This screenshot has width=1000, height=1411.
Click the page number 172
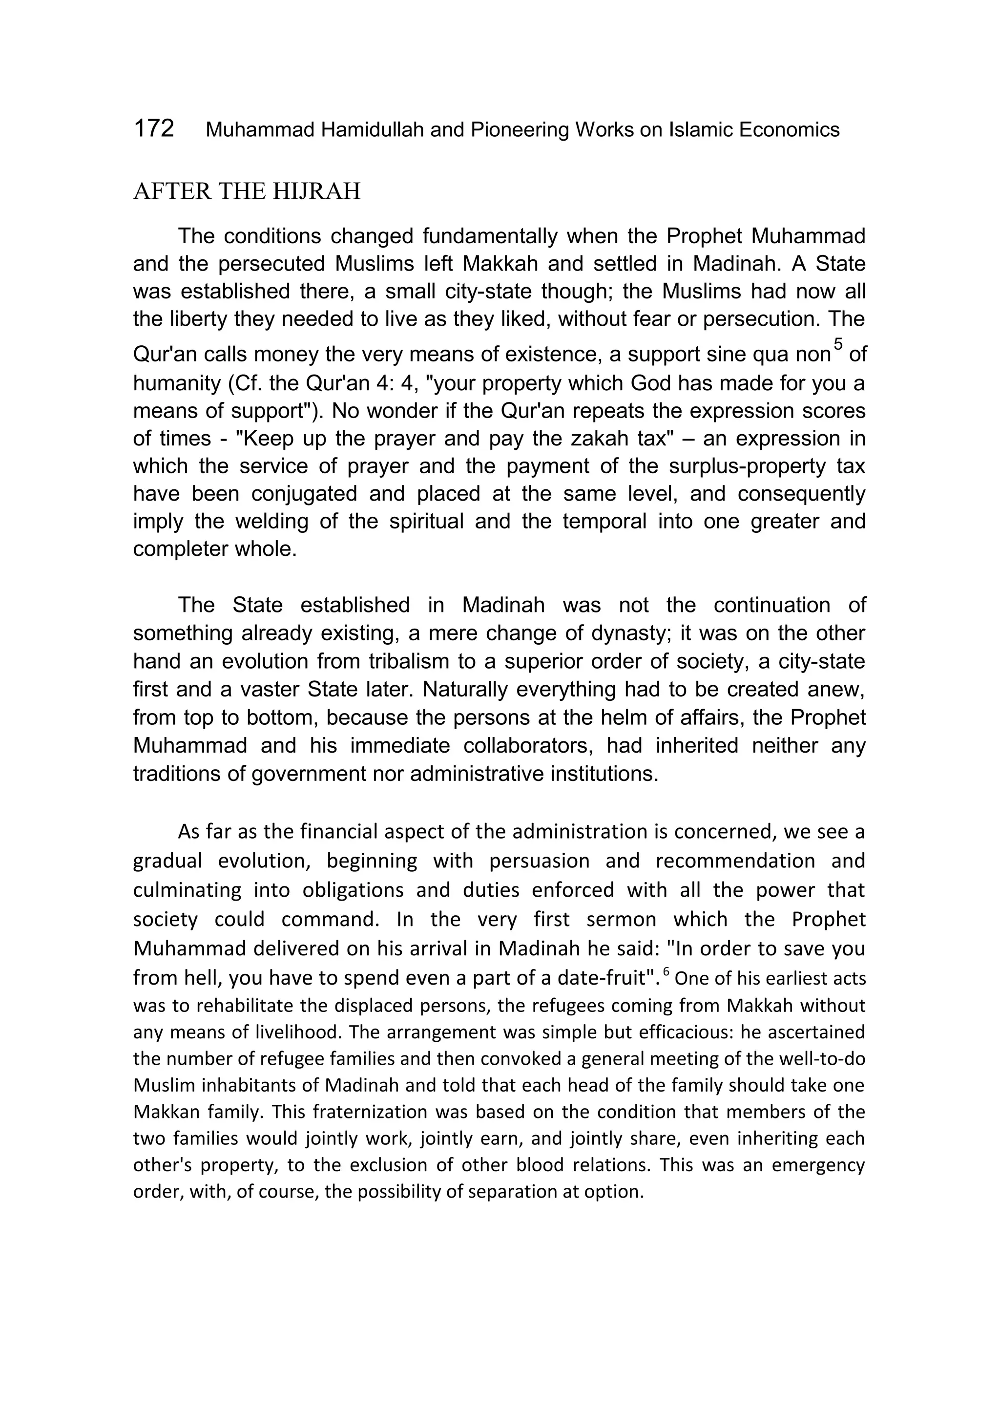coord(154,129)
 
